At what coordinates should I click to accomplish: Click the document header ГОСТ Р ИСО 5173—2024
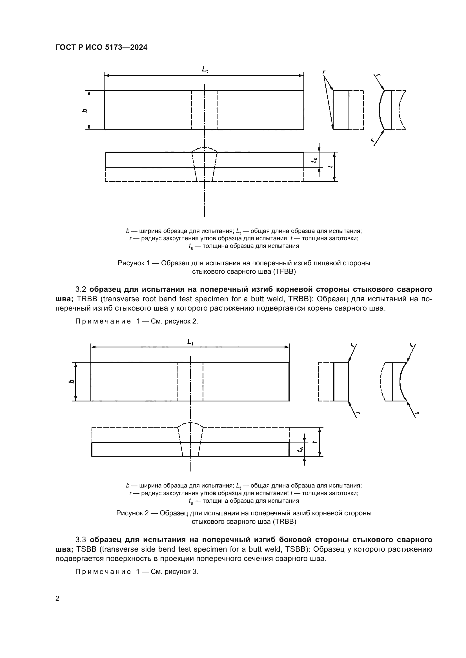click(x=101, y=48)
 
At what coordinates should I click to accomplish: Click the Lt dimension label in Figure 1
click(x=205, y=69)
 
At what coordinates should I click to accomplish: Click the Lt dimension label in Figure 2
click(x=190, y=342)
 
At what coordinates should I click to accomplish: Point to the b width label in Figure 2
click(x=72, y=381)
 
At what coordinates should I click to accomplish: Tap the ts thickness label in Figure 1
click(x=314, y=161)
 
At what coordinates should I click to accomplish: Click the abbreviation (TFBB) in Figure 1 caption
click(x=283, y=271)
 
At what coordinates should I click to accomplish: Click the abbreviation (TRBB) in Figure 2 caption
click(x=283, y=521)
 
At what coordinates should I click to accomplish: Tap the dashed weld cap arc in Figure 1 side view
click(x=204, y=148)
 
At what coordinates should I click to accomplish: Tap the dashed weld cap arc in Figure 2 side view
click(x=190, y=423)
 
